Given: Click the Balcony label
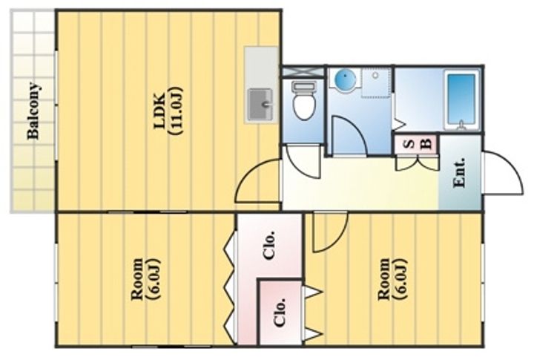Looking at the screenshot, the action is (33, 111).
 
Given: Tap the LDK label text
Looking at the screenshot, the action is (159, 111).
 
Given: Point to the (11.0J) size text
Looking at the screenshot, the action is (177, 111).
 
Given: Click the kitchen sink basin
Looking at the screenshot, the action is (260, 105).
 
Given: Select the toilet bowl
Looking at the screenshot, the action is (304, 101).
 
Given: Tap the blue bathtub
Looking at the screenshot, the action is (461, 100).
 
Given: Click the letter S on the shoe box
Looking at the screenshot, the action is (411, 144).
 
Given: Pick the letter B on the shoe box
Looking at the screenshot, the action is (426, 144).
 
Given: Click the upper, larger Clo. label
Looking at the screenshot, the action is (269, 246).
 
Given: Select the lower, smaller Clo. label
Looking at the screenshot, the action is (280, 312).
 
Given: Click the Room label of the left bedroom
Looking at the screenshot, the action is (137, 280).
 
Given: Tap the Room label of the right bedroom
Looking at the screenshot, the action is (384, 280).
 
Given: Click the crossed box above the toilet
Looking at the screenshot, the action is (303, 71).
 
